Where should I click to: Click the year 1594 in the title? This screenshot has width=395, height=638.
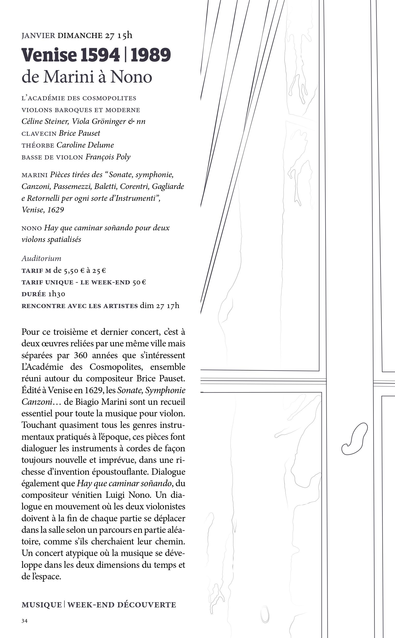click(x=100, y=55)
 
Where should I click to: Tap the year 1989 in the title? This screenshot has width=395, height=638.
click(x=150, y=55)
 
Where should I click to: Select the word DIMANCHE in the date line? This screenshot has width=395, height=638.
click(x=80, y=35)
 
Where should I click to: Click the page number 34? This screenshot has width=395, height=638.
click(x=24, y=621)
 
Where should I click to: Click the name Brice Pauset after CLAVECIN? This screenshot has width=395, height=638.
click(x=79, y=133)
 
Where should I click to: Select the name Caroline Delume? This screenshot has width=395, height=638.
click(x=85, y=145)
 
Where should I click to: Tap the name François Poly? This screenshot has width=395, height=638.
click(x=108, y=157)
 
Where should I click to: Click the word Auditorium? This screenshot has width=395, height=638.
click(x=41, y=258)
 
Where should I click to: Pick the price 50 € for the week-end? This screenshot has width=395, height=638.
click(x=139, y=282)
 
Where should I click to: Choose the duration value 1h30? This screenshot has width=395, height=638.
click(x=56, y=294)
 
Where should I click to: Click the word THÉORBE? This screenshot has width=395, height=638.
click(x=38, y=146)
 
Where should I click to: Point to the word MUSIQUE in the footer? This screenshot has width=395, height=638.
click(x=42, y=605)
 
